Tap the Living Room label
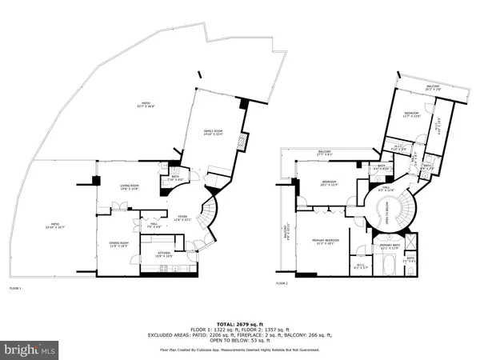(130, 187)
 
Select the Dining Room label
(119, 245)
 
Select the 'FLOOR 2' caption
(282, 283)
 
